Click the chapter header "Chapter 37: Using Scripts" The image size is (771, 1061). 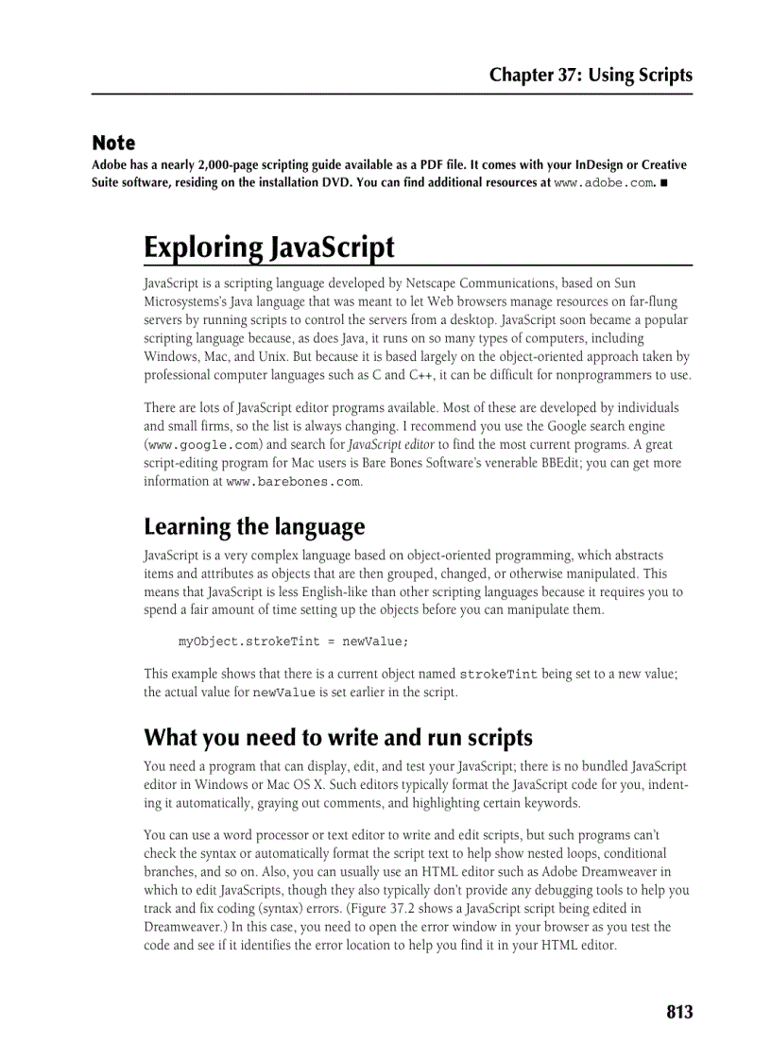coord(590,76)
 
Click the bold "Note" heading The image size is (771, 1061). coord(113,144)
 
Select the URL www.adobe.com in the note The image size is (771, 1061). coord(603,183)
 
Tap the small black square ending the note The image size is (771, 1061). coord(664,183)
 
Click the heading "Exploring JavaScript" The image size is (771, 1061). coord(269,248)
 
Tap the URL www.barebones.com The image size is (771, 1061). coord(293,482)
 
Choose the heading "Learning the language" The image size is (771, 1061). coord(254,526)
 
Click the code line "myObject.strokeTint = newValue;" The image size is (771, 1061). coord(294,642)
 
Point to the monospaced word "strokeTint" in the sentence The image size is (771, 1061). coord(498,675)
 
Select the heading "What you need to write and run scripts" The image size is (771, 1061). coord(338,737)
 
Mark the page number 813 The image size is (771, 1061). coord(678,1012)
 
